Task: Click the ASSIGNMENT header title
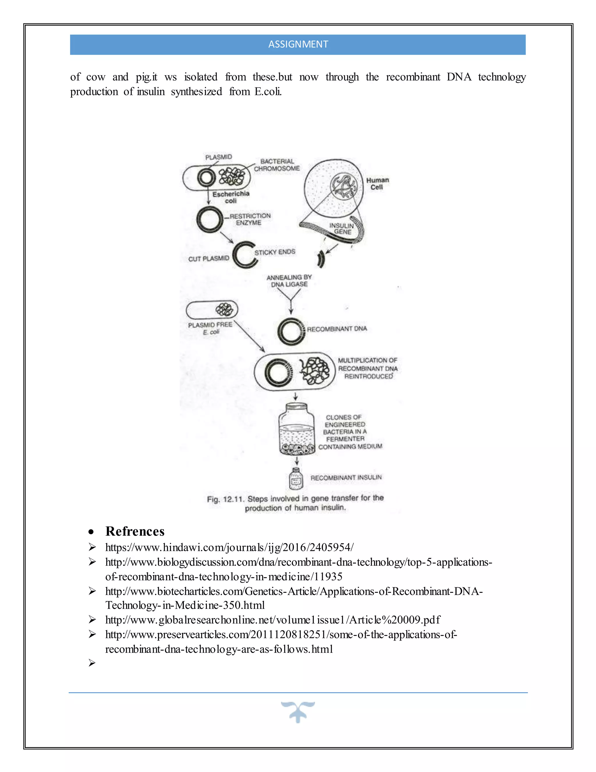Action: coord(298,44)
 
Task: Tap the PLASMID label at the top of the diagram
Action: coord(219,157)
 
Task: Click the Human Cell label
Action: coord(377,184)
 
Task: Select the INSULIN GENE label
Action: coord(342,229)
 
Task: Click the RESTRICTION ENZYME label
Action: coord(250,219)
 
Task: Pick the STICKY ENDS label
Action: coord(275,252)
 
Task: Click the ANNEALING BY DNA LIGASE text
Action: coord(289,281)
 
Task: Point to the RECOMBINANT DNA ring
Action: coord(290,331)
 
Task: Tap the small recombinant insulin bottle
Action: coord(296,479)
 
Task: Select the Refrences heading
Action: coord(135,532)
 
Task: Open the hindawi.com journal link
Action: coord(229,547)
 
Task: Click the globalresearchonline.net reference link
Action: coord(273,620)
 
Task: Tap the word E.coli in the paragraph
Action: coord(268,92)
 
